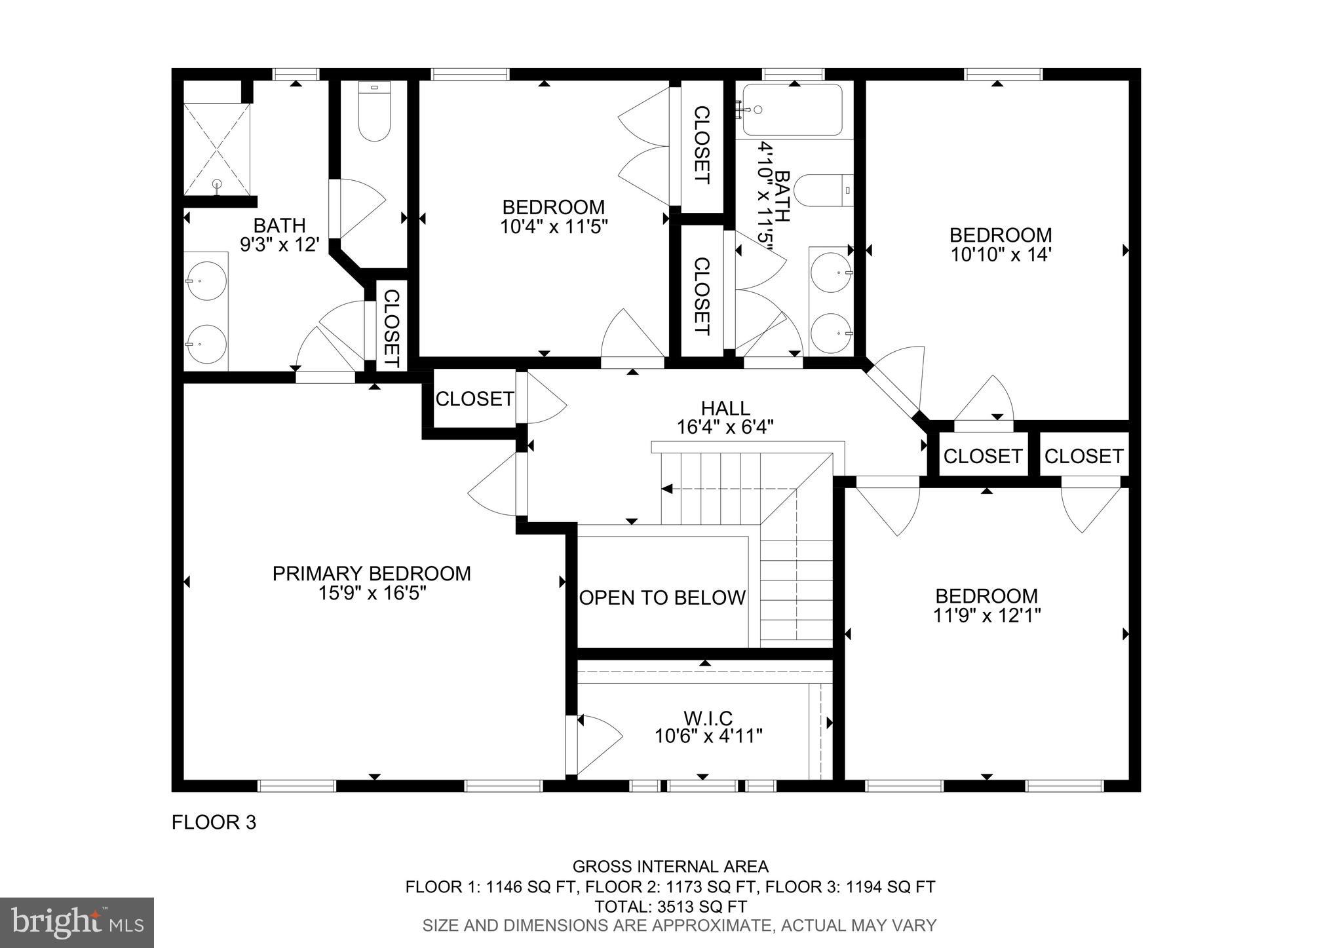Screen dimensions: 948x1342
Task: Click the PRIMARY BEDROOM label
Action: pyautogui.click(x=372, y=573)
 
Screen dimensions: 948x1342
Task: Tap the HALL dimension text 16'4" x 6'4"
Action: pyautogui.click(x=725, y=428)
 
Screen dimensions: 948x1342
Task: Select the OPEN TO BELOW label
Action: pyautogui.click(x=662, y=597)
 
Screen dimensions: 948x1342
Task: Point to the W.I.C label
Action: pyautogui.click(x=708, y=718)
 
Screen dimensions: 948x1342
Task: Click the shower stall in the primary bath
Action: pyautogui.click(x=217, y=149)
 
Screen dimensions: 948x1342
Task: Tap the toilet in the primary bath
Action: pyautogui.click(x=374, y=111)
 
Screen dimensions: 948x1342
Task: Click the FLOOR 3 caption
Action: pyautogui.click(x=214, y=822)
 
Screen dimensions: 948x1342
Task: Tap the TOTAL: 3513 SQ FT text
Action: pyautogui.click(x=670, y=907)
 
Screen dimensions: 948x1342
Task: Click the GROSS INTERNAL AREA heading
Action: pyautogui.click(x=670, y=867)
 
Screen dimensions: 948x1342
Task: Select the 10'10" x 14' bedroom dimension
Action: pyautogui.click(x=1001, y=254)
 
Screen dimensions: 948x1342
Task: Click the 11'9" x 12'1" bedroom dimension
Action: pyautogui.click(x=986, y=616)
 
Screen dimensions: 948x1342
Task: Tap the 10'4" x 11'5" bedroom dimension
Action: pyautogui.click(x=554, y=227)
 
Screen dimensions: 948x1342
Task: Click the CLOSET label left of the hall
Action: pyautogui.click(x=474, y=398)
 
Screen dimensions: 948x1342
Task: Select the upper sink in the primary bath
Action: pyautogui.click(x=206, y=281)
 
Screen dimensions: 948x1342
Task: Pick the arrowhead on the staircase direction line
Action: pyautogui.click(x=667, y=489)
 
